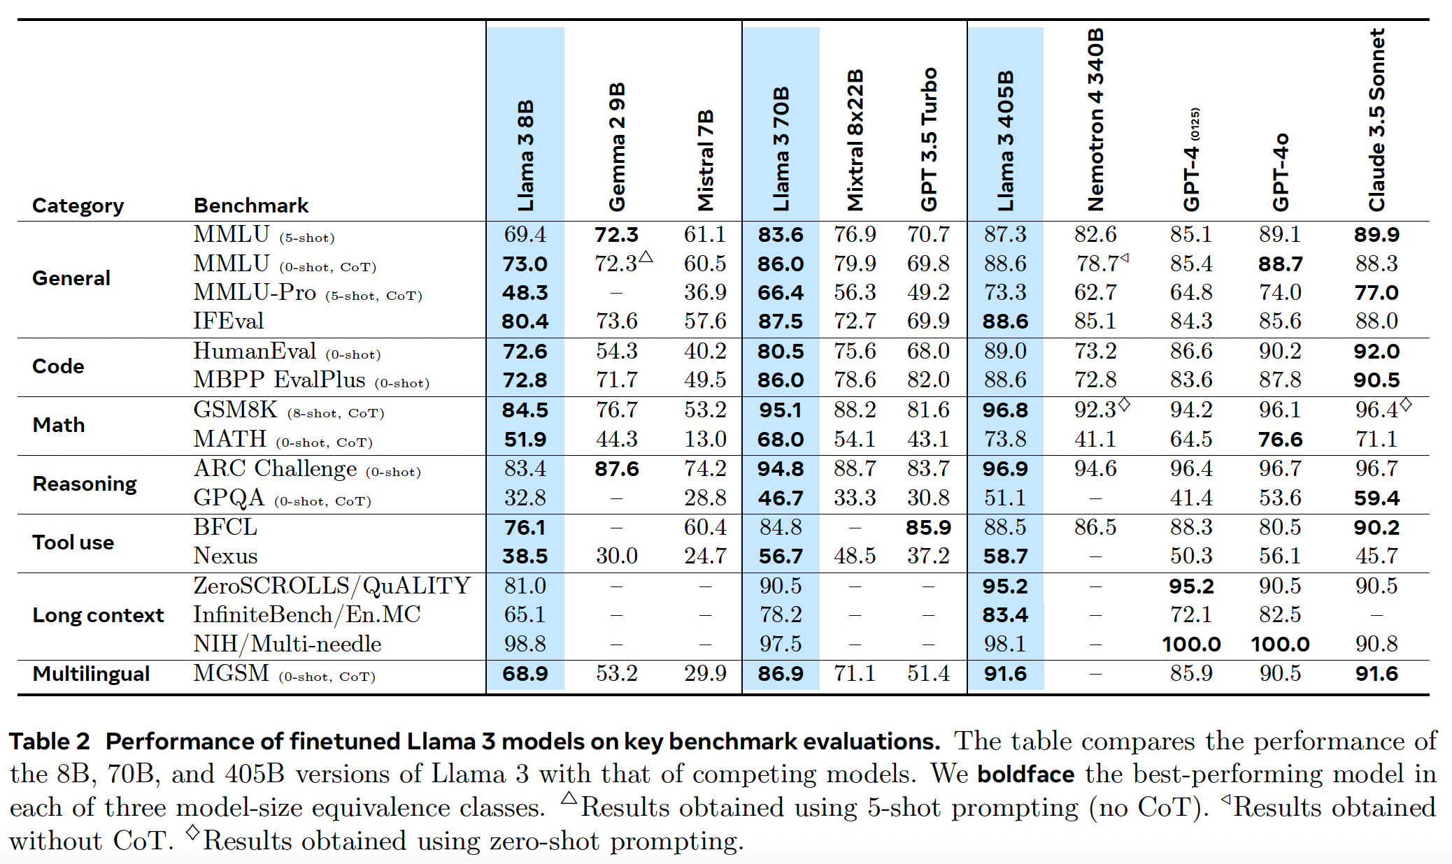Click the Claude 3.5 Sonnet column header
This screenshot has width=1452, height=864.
(1376, 120)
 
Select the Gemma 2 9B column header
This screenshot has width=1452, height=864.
(616, 147)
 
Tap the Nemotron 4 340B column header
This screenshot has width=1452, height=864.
(1095, 120)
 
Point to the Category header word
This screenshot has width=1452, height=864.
(78, 206)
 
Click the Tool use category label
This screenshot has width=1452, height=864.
(73, 542)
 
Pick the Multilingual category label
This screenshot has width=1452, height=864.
(91, 674)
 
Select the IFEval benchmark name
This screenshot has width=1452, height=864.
(228, 321)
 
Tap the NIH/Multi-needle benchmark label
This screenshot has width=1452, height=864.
(287, 644)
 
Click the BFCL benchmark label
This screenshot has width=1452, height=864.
(225, 527)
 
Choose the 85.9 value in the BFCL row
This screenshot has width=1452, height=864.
(928, 528)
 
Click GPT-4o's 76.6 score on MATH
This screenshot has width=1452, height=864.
(1280, 440)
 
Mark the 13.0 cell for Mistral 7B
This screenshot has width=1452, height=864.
(705, 440)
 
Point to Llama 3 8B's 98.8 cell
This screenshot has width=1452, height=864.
(525, 644)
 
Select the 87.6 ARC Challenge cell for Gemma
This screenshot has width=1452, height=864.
(616, 469)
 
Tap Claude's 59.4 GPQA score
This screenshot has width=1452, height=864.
(1376, 498)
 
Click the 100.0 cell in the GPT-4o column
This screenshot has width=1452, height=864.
(1280, 644)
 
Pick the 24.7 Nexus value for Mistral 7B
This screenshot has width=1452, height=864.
(705, 556)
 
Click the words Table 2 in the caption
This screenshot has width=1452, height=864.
(50, 741)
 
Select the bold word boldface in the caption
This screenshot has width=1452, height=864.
(1025, 775)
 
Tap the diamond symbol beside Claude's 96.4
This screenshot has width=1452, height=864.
(1405, 404)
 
